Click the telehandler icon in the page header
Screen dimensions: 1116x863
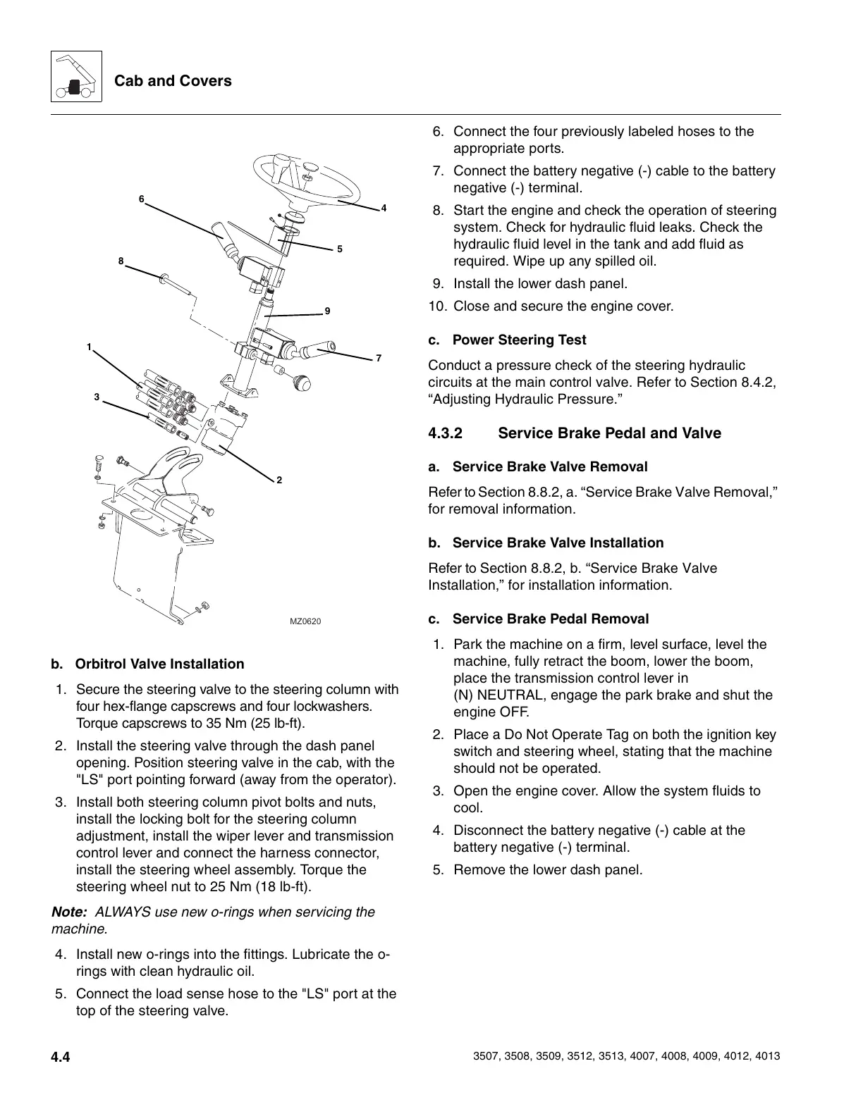(x=76, y=77)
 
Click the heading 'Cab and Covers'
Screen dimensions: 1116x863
(x=173, y=81)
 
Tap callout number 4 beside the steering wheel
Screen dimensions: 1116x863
(x=384, y=209)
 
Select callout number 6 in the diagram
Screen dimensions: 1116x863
(x=141, y=199)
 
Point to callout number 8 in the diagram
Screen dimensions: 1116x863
(x=121, y=261)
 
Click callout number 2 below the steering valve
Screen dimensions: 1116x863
(x=279, y=480)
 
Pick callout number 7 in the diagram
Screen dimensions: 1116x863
(x=379, y=359)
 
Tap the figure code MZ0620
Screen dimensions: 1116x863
(x=305, y=621)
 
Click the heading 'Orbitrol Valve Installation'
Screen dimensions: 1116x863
(x=159, y=664)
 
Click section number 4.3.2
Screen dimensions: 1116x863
(x=446, y=433)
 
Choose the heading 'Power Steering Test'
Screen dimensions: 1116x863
(x=519, y=340)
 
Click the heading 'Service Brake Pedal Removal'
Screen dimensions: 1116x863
(x=550, y=619)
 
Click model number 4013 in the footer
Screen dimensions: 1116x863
(x=767, y=1057)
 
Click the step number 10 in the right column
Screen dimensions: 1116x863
(x=437, y=306)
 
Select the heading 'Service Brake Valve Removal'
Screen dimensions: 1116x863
(x=549, y=467)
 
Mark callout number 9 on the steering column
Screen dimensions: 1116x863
(x=327, y=311)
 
